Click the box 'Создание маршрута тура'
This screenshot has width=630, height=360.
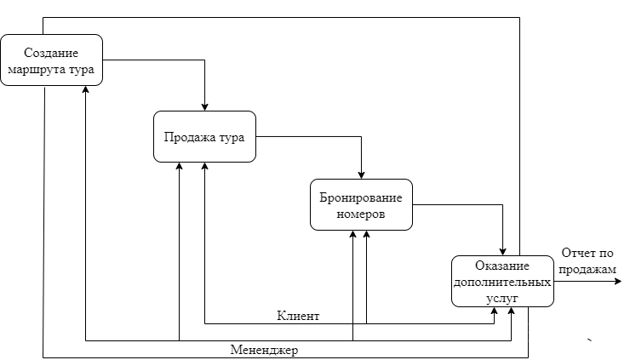tap(51, 60)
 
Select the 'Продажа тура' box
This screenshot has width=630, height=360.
tap(204, 136)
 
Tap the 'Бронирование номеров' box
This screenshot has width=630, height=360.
tap(361, 204)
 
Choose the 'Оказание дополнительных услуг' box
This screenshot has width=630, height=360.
tap(502, 280)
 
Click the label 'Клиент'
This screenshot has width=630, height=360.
tap(298, 316)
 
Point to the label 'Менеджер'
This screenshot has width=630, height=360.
tap(265, 350)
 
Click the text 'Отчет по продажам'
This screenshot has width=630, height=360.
tap(587, 260)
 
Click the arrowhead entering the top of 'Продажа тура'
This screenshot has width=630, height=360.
tap(205, 106)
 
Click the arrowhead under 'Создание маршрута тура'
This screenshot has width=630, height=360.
tap(86, 90)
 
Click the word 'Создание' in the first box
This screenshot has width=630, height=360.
tap(51, 53)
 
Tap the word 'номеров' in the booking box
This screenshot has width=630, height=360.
tap(361, 214)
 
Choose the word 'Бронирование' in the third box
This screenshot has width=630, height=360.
tap(361, 197)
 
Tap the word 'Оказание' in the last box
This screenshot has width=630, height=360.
tap(502, 266)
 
